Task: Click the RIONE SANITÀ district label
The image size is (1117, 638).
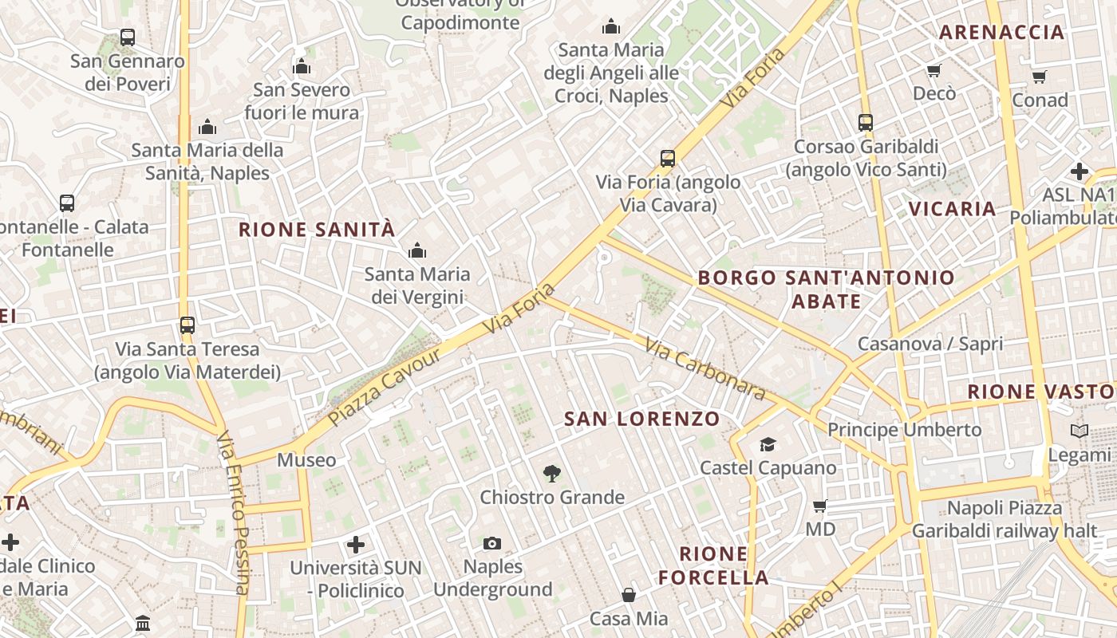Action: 317,230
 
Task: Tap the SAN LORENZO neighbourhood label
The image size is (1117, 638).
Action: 641,419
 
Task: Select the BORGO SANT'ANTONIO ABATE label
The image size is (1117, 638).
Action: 826,289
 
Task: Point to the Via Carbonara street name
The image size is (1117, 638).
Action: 705,370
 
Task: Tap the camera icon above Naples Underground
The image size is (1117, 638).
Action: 492,543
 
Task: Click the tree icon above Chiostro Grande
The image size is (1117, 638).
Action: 551,474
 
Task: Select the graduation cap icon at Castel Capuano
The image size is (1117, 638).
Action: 768,444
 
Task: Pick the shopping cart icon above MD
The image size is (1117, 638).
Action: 819,506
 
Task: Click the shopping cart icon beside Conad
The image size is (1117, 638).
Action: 1039,77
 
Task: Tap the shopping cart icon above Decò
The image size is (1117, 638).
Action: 934,70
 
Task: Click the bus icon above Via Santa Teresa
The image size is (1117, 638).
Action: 187,325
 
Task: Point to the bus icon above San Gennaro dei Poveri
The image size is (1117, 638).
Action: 128,37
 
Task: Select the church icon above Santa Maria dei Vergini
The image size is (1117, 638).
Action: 416,251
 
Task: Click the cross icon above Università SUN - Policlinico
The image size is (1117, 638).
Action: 356,545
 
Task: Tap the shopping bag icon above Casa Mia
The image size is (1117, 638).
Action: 629,595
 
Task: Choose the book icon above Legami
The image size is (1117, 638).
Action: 1079,431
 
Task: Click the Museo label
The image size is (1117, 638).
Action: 306,460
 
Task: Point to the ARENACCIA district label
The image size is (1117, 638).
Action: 1001,33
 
